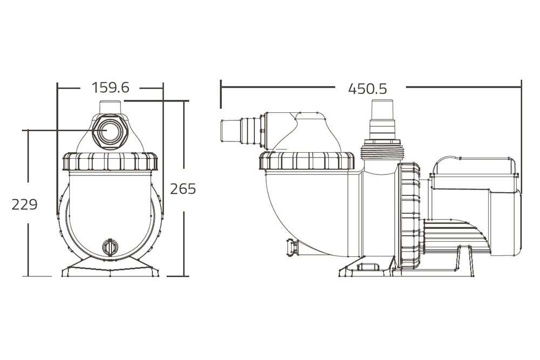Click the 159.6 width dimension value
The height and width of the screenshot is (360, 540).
(110, 88)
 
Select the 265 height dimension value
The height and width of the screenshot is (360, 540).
(183, 189)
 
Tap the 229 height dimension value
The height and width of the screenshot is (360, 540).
(24, 205)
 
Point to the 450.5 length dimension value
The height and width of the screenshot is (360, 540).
(367, 89)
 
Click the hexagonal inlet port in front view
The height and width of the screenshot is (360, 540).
(110, 132)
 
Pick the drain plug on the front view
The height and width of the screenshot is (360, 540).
(110, 247)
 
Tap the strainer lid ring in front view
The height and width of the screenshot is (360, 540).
(110, 161)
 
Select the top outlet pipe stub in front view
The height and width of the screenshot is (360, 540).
(110, 107)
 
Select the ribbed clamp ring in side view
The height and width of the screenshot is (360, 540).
(409, 216)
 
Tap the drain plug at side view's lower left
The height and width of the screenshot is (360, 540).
(292, 247)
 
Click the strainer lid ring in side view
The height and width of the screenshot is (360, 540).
(307, 160)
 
